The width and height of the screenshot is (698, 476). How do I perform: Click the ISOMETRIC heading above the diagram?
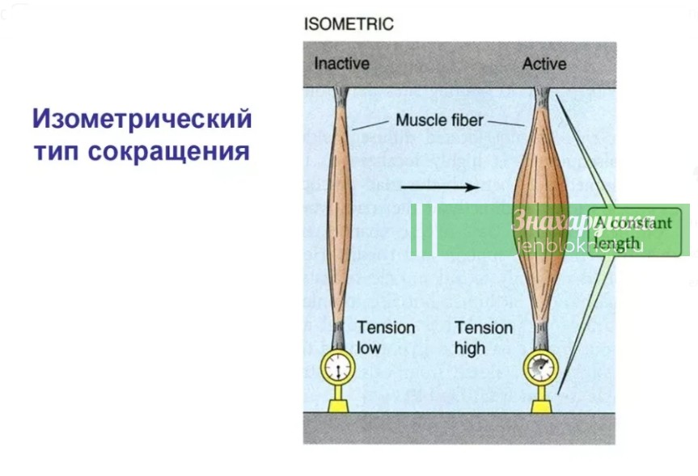point(349,24)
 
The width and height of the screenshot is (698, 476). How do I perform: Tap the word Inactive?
point(341,64)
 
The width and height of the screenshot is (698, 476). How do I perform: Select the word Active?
point(544,64)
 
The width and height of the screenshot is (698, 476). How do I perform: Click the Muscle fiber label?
point(439,120)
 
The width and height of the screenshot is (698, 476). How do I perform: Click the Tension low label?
point(385,338)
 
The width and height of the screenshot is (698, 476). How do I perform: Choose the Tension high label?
point(483,338)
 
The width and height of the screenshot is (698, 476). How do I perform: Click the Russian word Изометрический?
point(142,120)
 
